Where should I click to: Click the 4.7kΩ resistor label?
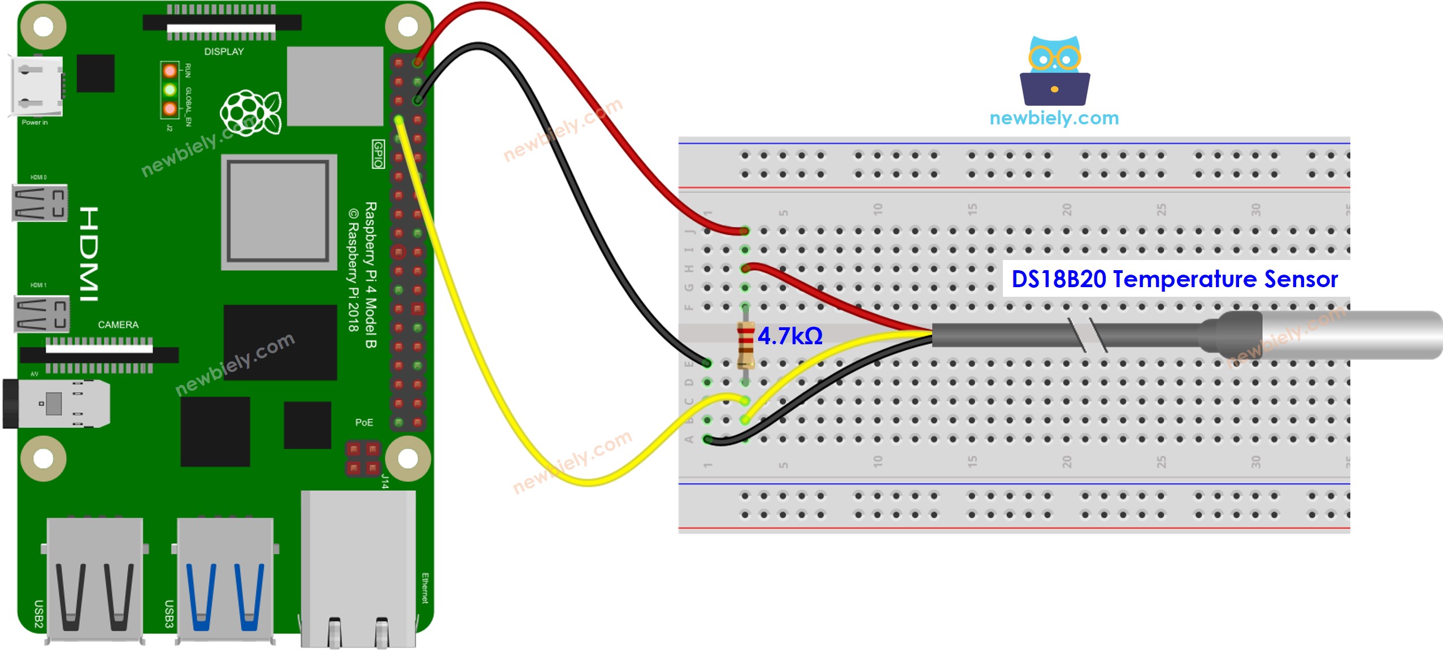click(x=789, y=336)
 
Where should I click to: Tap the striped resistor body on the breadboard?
click(x=746, y=345)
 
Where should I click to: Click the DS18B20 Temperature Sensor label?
click(x=1174, y=279)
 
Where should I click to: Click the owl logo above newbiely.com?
click(x=1054, y=71)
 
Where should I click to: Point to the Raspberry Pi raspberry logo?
click(x=250, y=113)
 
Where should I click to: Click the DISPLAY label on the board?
click(x=224, y=51)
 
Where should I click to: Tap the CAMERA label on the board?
click(x=118, y=324)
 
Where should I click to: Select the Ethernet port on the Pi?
click(x=358, y=568)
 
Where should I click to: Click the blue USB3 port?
click(x=225, y=579)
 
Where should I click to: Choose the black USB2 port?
click(x=94, y=579)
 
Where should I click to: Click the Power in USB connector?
click(x=36, y=86)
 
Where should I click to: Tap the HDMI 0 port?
click(x=40, y=202)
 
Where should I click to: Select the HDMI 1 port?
click(x=41, y=314)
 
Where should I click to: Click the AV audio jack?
click(x=56, y=404)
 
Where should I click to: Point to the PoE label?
click(x=364, y=422)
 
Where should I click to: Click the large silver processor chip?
click(x=279, y=211)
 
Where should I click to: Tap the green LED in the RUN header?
click(x=169, y=89)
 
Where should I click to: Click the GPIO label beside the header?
click(x=378, y=154)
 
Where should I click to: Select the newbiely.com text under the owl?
click(x=1054, y=118)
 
